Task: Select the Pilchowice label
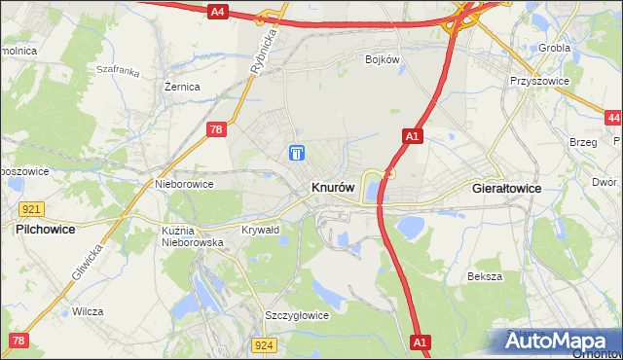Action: (x=48, y=230)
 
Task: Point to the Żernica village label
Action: (x=182, y=87)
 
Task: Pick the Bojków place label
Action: (x=383, y=59)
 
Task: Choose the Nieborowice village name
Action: (x=184, y=183)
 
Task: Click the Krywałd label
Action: (x=260, y=230)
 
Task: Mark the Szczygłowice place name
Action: (x=297, y=315)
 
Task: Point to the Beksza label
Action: (x=484, y=276)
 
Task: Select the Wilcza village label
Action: (x=88, y=312)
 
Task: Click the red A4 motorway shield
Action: (x=217, y=12)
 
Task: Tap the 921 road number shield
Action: (x=31, y=209)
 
